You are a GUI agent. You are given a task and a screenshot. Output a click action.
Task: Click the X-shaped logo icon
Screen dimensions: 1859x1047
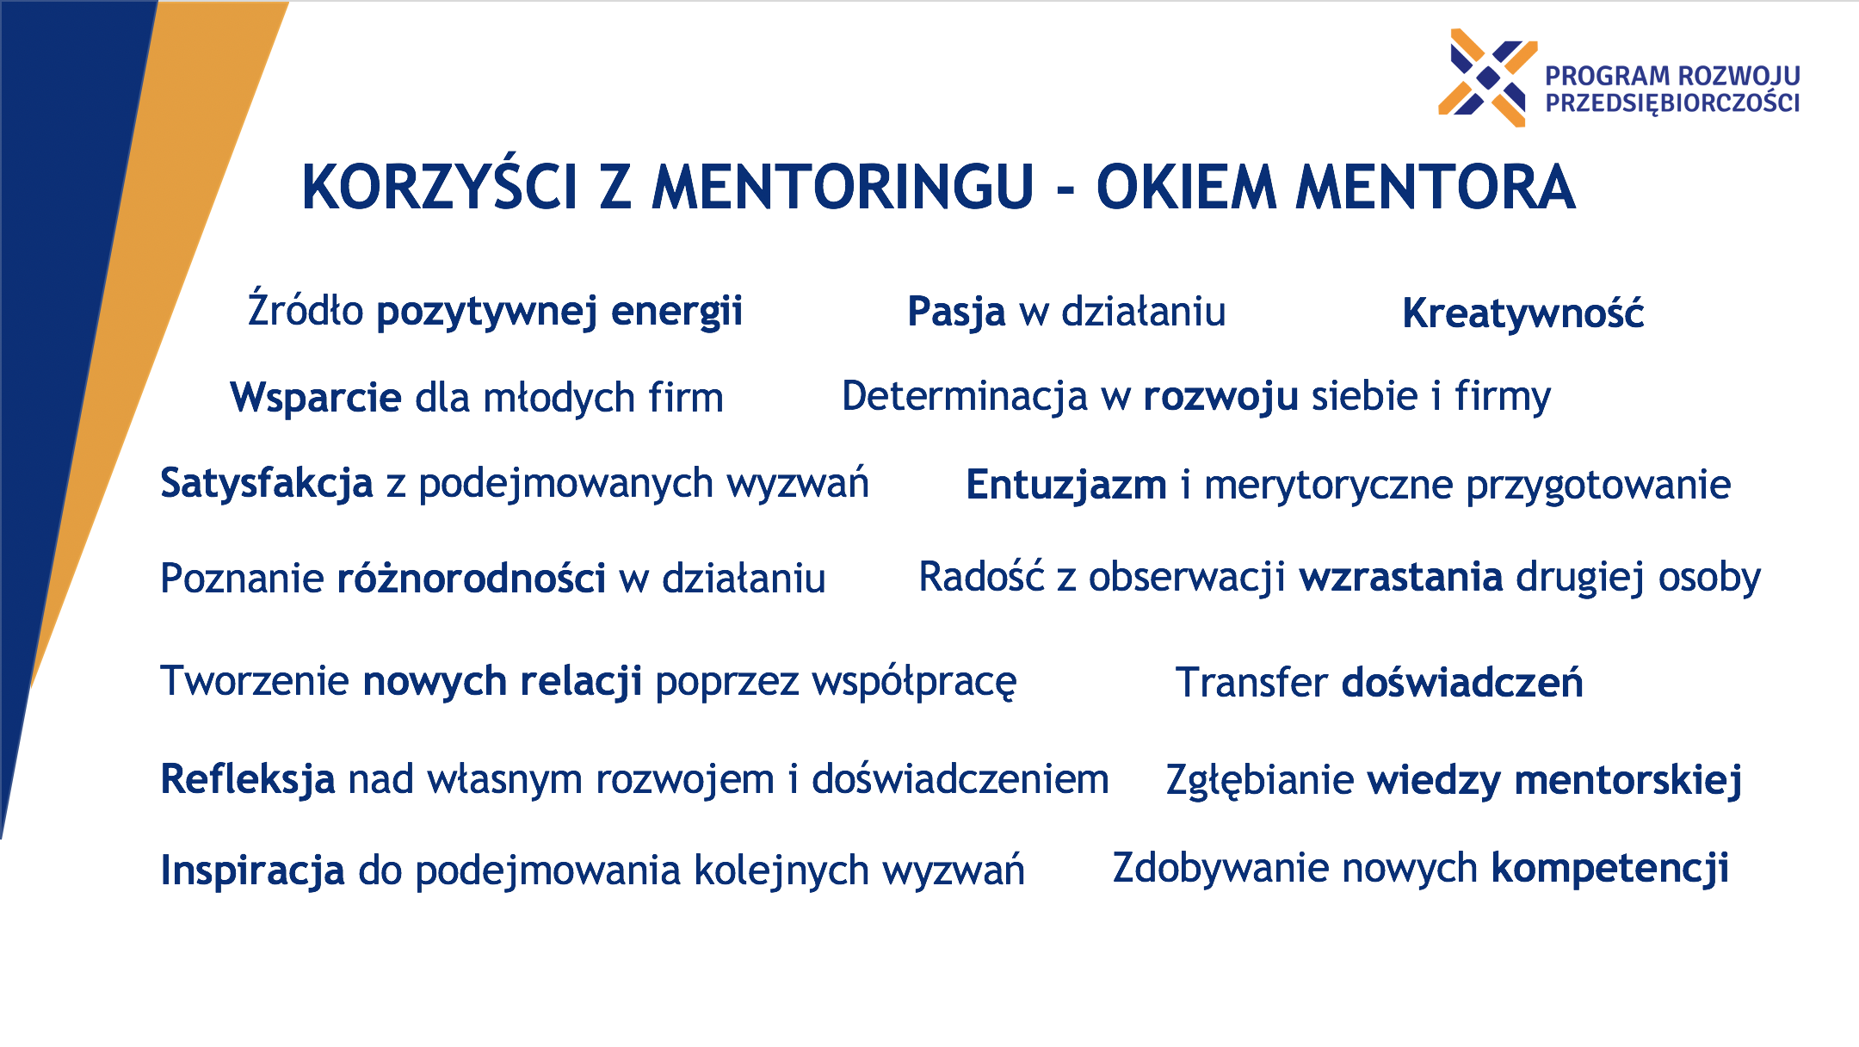point(1487,77)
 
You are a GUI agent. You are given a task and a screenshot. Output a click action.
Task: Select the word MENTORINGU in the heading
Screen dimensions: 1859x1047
point(843,187)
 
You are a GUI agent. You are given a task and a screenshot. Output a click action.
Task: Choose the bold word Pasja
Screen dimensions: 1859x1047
point(956,313)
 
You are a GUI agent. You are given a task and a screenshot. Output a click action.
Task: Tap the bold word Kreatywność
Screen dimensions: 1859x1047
point(1522,312)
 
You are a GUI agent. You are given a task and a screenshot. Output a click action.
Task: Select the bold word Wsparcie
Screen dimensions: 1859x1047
point(316,399)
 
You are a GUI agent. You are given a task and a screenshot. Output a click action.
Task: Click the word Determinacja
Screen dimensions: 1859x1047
point(965,396)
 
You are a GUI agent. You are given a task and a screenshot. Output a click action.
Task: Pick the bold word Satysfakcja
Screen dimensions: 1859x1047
point(267,484)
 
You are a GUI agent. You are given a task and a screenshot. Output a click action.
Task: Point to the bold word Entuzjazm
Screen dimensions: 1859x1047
point(1066,485)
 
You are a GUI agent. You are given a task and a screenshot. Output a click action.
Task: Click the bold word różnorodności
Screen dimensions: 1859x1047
point(472,577)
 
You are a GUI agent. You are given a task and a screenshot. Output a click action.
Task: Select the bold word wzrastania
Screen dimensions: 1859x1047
point(1401,577)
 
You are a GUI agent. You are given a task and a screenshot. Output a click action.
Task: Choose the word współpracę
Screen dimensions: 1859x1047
point(914,682)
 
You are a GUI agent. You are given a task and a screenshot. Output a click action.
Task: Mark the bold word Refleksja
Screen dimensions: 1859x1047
point(248,779)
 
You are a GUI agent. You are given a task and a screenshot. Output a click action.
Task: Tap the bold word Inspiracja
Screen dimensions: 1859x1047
point(253,870)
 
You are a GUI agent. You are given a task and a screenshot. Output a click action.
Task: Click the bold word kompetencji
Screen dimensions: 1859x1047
point(1610,868)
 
